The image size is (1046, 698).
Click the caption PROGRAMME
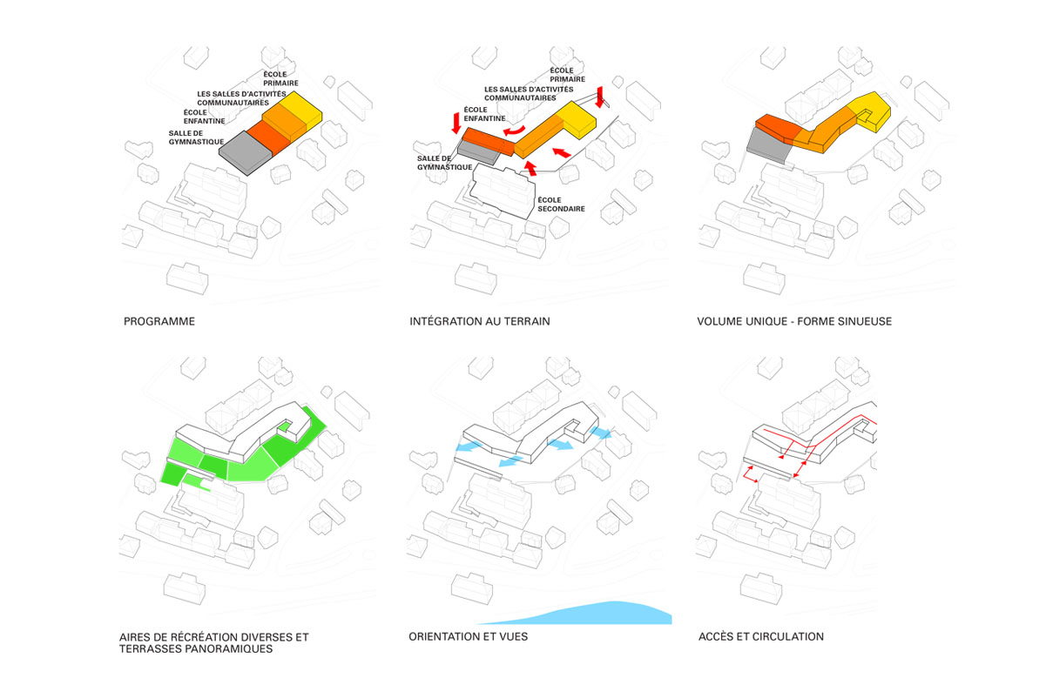pyautogui.click(x=159, y=322)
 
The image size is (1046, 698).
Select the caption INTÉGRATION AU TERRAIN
pyautogui.click(x=479, y=322)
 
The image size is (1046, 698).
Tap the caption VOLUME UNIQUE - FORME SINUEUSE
pyautogui.click(x=794, y=322)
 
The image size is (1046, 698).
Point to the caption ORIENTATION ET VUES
pyautogui.click(x=468, y=637)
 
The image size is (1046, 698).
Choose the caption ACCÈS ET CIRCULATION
pyautogui.click(x=760, y=637)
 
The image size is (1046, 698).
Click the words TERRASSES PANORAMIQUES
pyautogui.click(x=196, y=649)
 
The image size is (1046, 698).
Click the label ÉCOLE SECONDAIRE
pyautogui.click(x=561, y=204)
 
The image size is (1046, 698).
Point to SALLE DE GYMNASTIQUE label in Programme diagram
pyautogui.click(x=197, y=138)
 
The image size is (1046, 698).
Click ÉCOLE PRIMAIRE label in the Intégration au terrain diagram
pyautogui.click(x=562, y=75)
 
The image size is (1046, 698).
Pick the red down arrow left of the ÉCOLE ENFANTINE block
pyautogui.click(x=455, y=123)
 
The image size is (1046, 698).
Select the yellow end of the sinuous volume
pyautogui.click(x=874, y=110)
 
